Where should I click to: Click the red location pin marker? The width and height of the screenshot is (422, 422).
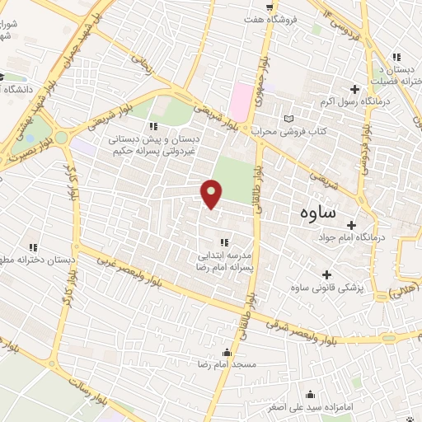coord(213,194)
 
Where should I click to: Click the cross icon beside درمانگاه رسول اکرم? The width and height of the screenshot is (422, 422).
coord(355,89)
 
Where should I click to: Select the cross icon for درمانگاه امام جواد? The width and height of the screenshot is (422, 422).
coord(351,224)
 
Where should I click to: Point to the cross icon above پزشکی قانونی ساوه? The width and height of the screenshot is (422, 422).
coord(327,274)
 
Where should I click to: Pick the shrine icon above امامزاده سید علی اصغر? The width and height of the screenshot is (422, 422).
coord(309,393)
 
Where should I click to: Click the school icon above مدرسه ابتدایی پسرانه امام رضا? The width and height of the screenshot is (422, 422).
coord(224,241)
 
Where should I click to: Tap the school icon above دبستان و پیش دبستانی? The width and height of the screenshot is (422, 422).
coord(153,126)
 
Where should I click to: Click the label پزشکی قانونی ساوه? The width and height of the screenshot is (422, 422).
coord(327,288)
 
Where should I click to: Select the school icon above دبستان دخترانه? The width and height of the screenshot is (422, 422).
coord(34,246)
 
